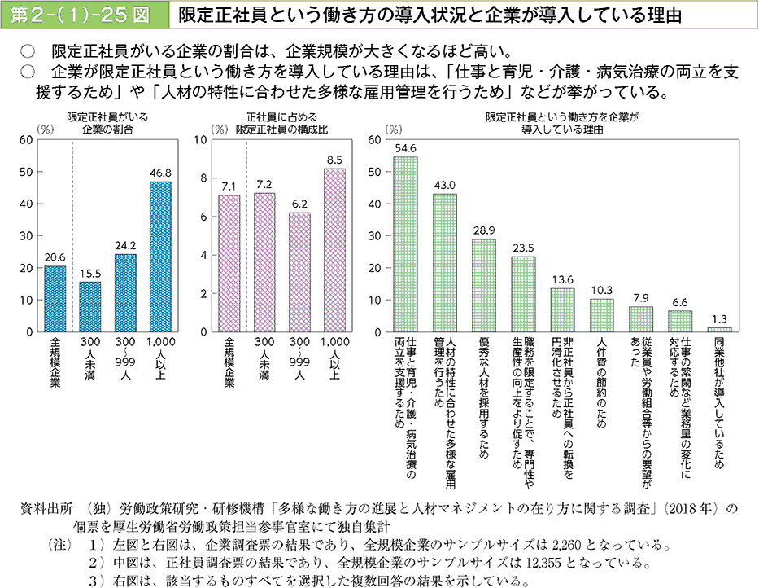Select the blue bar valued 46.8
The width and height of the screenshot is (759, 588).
[160, 257]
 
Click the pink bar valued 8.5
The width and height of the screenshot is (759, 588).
[334, 250]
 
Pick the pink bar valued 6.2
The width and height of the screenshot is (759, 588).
[299, 272]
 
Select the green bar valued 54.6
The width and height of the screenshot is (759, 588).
[405, 244]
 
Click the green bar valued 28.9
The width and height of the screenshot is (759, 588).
[484, 285]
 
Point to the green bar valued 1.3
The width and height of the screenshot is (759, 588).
[720, 329]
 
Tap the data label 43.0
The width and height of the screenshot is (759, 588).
[444, 185]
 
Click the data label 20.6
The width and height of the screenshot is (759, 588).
[55, 257]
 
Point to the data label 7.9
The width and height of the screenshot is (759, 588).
[641, 297]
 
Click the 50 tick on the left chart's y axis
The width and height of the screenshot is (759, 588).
[27, 172]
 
